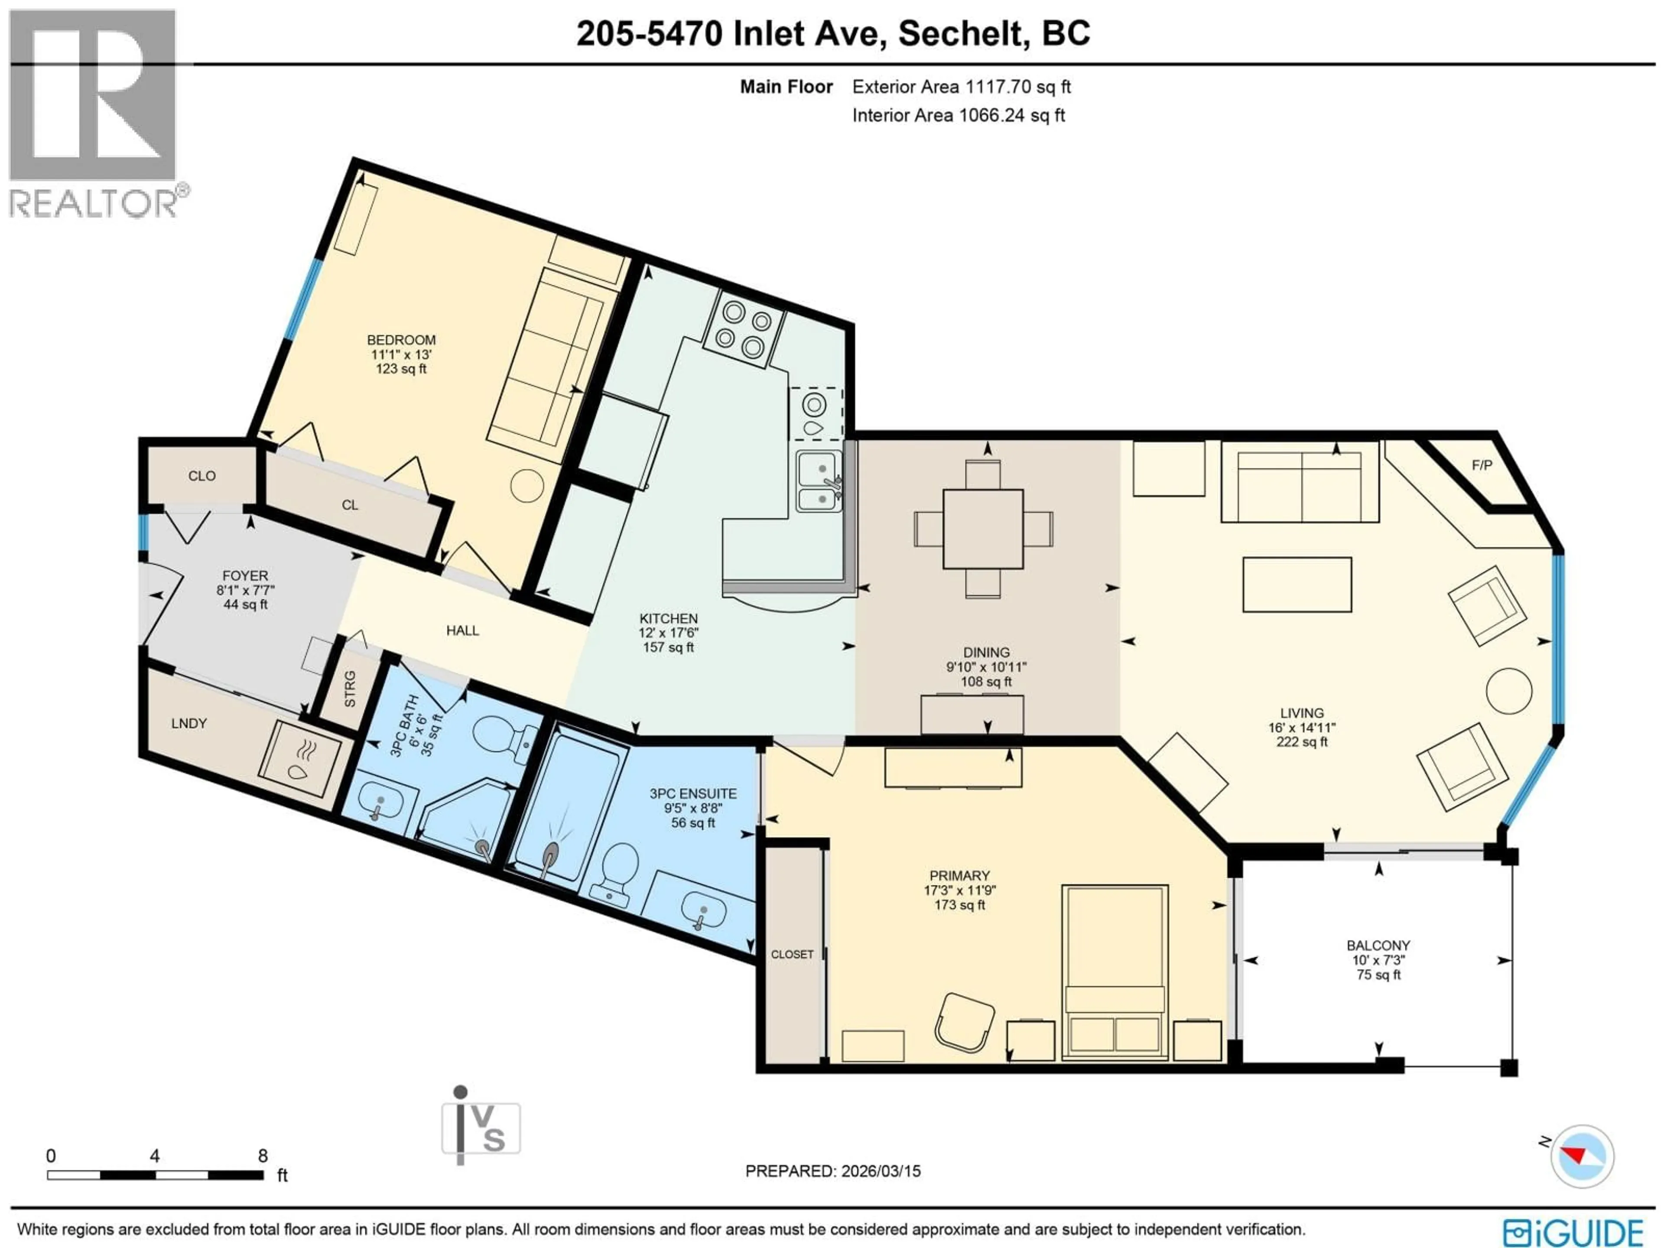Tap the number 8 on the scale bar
(x=263, y=1155)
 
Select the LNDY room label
(x=189, y=724)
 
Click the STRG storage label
(x=350, y=689)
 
